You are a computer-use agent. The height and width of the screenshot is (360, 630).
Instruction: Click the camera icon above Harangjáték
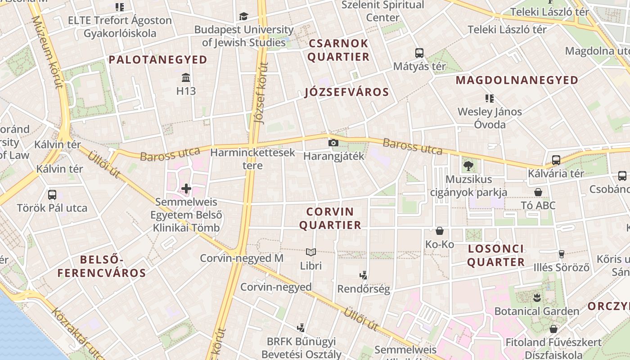click(x=333, y=143)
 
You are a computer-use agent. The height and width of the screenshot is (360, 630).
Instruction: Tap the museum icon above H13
click(x=186, y=77)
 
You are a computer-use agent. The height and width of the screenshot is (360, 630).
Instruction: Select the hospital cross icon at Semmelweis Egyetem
click(x=186, y=188)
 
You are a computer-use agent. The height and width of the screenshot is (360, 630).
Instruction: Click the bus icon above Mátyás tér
click(x=419, y=53)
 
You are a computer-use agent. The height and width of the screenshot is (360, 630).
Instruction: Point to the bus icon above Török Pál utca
click(x=52, y=195)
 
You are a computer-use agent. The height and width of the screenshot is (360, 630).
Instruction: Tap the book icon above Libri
click(x=311, y=252)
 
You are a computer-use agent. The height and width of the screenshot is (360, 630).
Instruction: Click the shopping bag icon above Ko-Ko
click(x=440, y=231)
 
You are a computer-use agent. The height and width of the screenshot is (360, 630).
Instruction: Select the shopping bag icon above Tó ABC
click(x=538, y=192)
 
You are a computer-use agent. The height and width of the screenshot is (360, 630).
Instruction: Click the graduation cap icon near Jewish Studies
click(x=243, y=17)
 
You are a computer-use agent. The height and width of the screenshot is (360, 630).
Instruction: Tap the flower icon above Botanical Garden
click(x=536, y=297)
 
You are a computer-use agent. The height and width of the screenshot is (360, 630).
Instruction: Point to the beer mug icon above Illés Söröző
click(x=561, y=254)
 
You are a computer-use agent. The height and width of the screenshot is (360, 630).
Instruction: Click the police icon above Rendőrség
click(x=363, y=275)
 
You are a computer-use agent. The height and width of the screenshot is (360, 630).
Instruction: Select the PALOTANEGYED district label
click(x=158, y=60)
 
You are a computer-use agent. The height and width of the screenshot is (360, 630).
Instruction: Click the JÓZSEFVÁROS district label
click(x=346, y=92)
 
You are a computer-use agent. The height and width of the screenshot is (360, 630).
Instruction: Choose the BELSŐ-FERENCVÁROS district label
click(x=102, y=266)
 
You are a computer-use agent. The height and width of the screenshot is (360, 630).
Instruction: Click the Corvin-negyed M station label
click(x=242, y=258)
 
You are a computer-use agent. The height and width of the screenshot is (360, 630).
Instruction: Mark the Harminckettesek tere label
click(x=252, y=159)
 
